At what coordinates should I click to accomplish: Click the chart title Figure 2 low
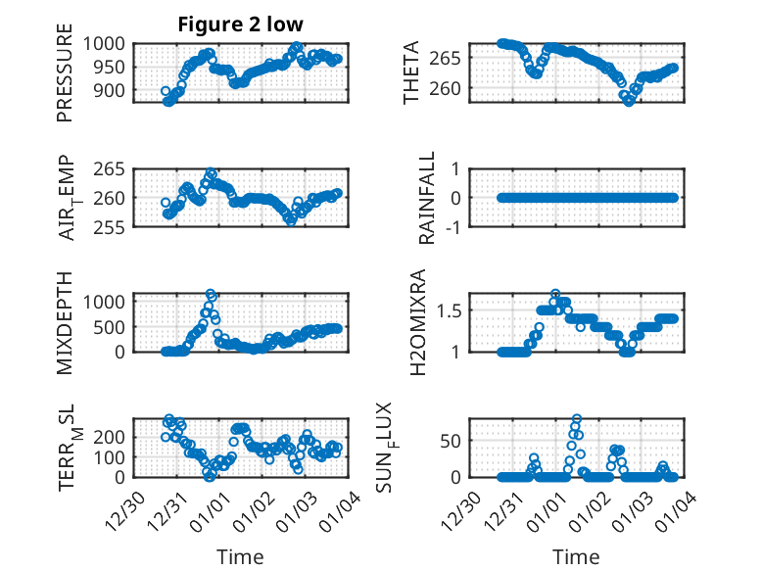240,24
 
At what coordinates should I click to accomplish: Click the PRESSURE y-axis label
65,80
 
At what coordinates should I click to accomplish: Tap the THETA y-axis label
412,73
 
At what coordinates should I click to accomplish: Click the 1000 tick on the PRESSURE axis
104,44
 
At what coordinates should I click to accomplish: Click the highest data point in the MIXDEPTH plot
211,294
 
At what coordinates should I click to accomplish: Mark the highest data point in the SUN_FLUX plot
577,419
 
